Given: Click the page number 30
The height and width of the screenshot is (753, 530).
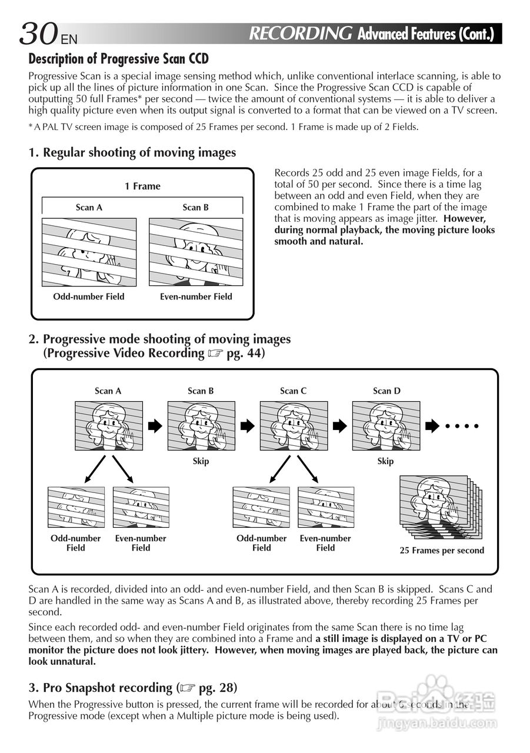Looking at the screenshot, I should tap(39, 34).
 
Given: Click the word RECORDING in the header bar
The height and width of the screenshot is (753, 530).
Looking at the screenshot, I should tap(301, 34).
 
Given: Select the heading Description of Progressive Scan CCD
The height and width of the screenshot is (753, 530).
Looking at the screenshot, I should tap(119, 59).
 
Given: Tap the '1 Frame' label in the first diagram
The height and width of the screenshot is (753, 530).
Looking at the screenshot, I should tap(142, 186).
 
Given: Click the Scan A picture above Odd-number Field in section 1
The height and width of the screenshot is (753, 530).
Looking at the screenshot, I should tap(89, 252).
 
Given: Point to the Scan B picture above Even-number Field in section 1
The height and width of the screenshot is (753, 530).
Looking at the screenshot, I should tap(196, 252).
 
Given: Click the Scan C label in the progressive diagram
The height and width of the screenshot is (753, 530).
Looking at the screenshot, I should tap(293, 391).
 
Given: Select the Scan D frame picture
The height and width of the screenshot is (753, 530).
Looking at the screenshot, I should tap(386, 425).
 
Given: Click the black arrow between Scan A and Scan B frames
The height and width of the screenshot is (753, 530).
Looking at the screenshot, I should tap(155, 426).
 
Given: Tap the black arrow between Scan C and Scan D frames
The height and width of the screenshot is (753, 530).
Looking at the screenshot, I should tap(340, 426).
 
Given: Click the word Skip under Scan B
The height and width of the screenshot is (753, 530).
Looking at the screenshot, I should tap(201, 462).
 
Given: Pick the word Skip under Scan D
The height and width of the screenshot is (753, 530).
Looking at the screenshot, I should tap(385, 462).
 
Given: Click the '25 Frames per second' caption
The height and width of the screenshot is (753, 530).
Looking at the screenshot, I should tap(442, 551).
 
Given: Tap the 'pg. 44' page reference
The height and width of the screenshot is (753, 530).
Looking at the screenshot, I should tap(244, 353).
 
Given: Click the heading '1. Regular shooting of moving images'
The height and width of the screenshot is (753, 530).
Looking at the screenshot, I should tap(132, 153).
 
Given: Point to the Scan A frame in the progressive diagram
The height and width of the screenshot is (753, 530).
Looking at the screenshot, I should tap(109, 425).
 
